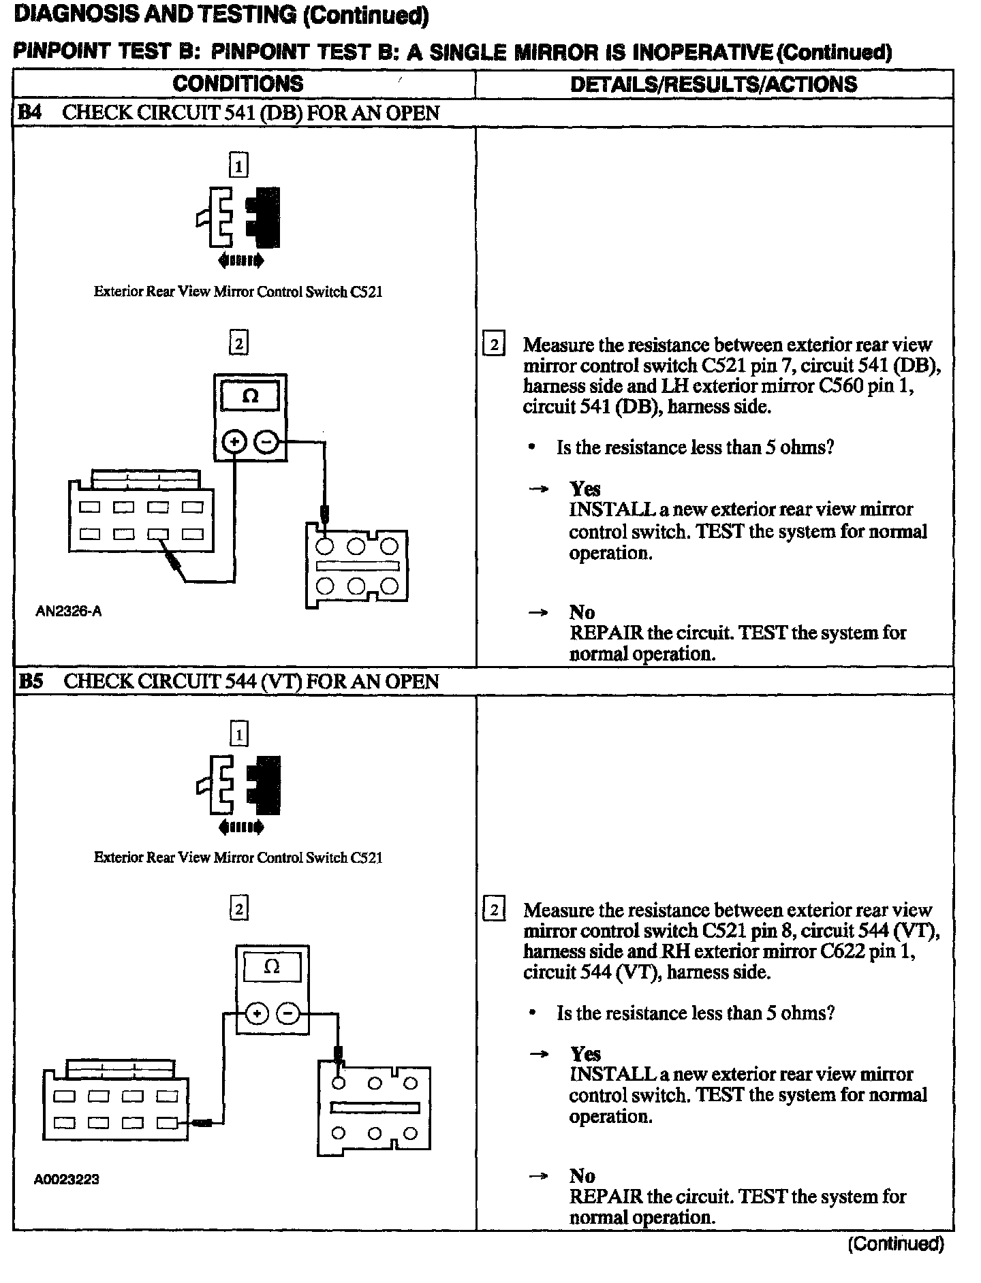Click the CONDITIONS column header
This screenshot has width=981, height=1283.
[x=238, y=84]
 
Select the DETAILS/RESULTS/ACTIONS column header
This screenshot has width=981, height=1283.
[x=713, y=84]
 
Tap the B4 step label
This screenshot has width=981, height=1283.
[x=29, y=112]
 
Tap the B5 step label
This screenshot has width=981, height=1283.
[x=30, y=681]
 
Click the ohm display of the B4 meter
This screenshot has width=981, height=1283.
[x=250, y=396]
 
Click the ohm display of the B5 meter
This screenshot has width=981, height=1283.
[x=271, y=967]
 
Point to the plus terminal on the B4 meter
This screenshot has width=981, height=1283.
[x=234, y=443]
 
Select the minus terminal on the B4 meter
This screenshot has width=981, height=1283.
[x=266, y=443]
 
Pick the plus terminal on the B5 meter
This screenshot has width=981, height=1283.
[x=256, y=1014]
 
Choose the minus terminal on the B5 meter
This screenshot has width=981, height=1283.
[x=288, y=1014]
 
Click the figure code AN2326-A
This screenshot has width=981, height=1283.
[x=68, y=611]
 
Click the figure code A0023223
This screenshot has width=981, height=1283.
[x=67, y=1179]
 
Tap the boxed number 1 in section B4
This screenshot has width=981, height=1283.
[x=238, y=165]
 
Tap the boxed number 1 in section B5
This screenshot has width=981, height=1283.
[x=238, y=734]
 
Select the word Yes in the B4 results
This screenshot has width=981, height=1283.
[x=585, y=488]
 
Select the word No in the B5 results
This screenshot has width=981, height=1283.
[x=582, y=1176]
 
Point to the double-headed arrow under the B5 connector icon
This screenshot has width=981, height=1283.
[x=240, y=827]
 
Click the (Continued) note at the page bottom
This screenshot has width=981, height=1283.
[x=895, y=1244]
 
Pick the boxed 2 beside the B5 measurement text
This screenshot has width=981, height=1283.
[x=493, y=910]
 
